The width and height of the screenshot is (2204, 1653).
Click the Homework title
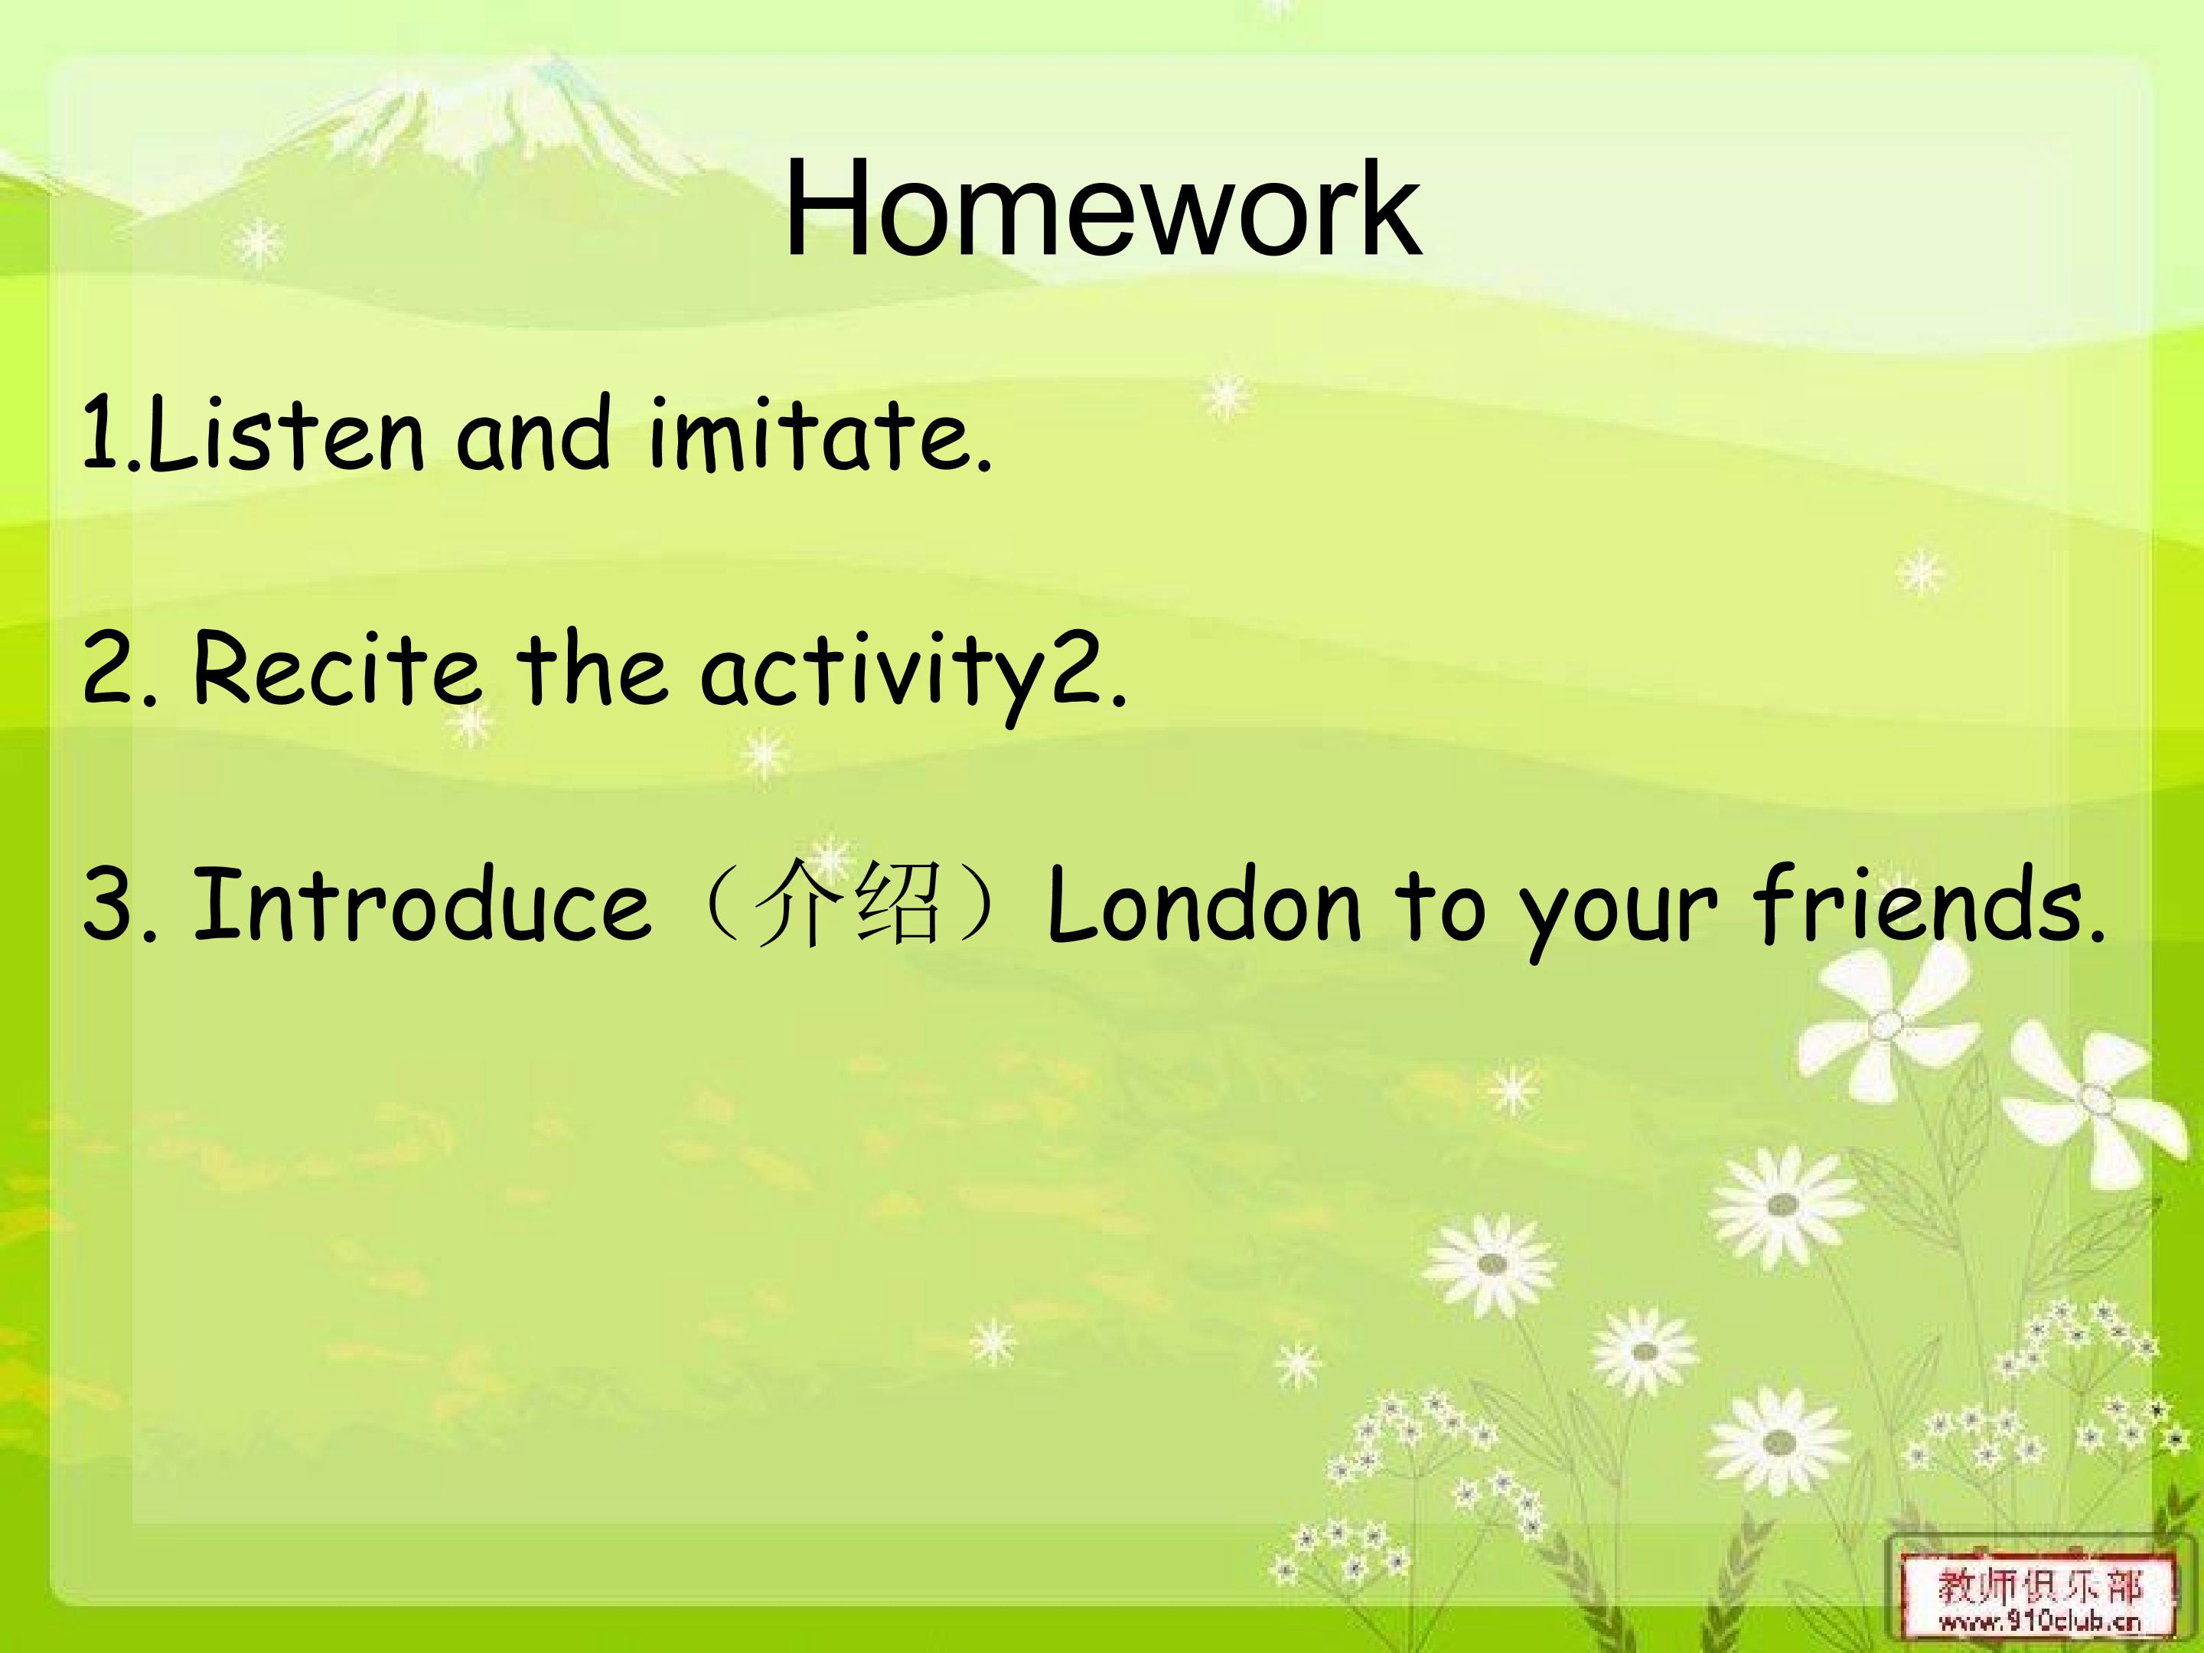coord(1102,208)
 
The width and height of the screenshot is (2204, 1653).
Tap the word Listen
coord(284,432)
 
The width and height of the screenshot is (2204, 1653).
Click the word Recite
coord(336,667)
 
